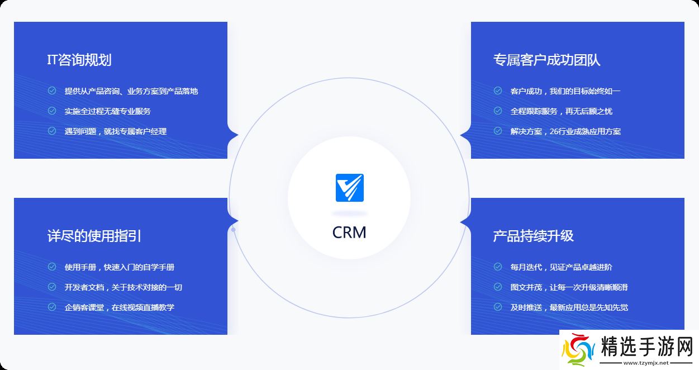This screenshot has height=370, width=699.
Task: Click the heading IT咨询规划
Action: tap(79, 60)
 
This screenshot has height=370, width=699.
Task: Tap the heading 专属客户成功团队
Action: tap(546, 60)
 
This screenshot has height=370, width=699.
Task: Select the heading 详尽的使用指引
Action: tap(94, 236)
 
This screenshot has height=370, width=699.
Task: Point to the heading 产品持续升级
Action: tap(533, 236)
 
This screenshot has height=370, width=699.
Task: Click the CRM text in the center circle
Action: tap(349, 232)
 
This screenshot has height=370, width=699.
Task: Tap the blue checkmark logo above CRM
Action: tap(350, 188)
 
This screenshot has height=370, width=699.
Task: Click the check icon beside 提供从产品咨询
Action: tap(52, 91)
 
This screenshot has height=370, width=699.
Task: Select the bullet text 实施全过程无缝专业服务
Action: tap(107, 111)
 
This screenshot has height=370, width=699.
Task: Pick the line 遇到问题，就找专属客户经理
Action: tap(115, 131)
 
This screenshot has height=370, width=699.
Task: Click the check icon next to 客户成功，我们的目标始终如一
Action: tap(498, 91)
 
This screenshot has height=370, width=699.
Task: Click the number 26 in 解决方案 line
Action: tap(555, 131)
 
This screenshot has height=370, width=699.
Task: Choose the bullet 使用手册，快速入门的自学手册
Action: tap(119, 267)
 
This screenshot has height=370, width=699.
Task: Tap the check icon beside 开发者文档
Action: tap(52, 287)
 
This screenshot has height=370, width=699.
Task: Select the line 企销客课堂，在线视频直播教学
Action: tap(119, 307)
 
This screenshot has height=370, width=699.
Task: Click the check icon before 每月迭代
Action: tap(498, 267)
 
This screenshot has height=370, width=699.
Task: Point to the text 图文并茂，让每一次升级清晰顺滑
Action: tap(569, 287)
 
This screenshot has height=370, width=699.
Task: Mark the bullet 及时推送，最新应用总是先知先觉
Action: tap(569, 307)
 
